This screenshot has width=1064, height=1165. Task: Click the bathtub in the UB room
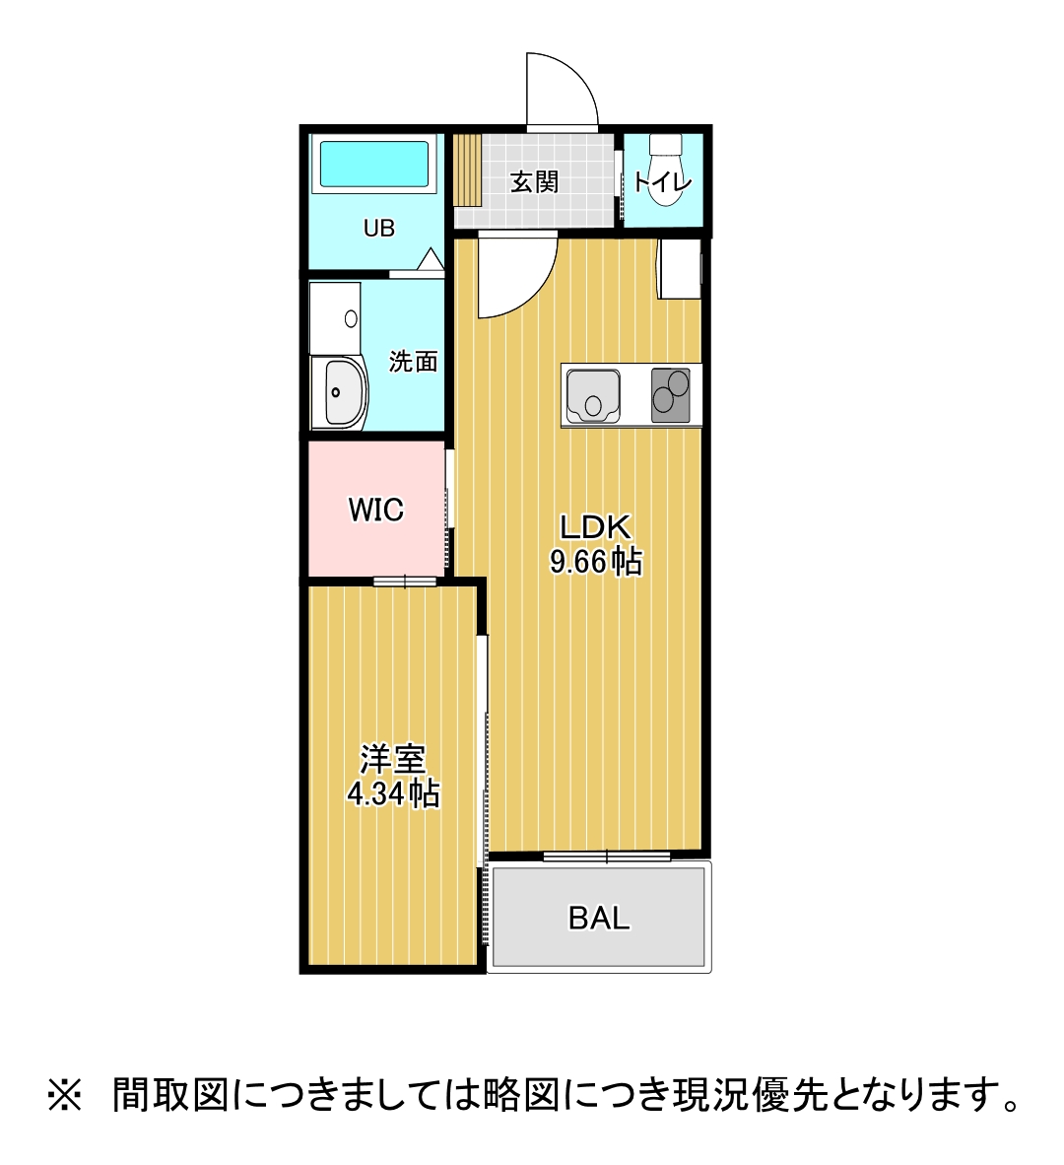tap(374, 164)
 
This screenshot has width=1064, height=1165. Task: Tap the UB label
tap(379, 229)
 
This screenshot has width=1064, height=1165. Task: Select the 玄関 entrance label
tap(534, 182)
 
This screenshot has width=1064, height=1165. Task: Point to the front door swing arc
tap(565, 89)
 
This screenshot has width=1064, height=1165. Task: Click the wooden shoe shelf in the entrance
tap(467, 169)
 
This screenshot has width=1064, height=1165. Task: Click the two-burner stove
tap(671, 394)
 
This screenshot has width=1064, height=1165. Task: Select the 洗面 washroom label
tap(413, 362)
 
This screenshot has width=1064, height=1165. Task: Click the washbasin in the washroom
tap(338, 392)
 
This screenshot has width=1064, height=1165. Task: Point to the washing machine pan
tap(335, 317)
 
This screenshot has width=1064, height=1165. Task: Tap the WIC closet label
tap(375, 510)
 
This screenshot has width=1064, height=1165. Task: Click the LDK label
tap(595, 526)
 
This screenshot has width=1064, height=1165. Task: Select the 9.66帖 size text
tap(595, 562)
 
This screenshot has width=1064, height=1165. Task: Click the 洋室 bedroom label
tap(392, 760)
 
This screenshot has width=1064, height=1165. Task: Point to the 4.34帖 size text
tap(392, 793)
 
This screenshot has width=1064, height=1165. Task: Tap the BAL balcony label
tap(598, 918)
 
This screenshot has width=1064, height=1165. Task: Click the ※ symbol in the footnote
tap(66, 1094)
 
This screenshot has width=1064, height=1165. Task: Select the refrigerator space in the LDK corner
tap(680, 268)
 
